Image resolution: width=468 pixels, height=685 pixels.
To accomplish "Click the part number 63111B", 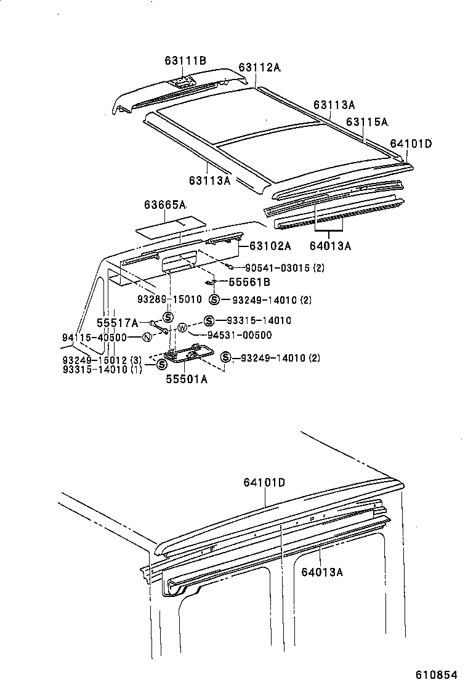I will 185,60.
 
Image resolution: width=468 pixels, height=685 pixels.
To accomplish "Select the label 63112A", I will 259,68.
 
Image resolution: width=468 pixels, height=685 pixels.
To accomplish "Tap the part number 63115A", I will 367,122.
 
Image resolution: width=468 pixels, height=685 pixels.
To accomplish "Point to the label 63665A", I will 165,205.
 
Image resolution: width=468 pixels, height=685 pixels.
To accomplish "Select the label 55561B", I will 249,283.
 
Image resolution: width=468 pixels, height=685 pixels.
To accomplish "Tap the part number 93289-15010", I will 169,299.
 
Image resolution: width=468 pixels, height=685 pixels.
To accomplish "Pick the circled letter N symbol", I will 147,337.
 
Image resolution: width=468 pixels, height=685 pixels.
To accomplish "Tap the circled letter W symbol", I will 182,327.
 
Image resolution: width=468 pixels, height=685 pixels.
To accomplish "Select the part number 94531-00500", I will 239,335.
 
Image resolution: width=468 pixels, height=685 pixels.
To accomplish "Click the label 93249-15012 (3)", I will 102,360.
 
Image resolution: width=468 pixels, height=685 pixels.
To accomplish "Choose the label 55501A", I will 186,379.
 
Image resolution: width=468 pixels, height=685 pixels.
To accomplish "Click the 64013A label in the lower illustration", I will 321,572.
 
